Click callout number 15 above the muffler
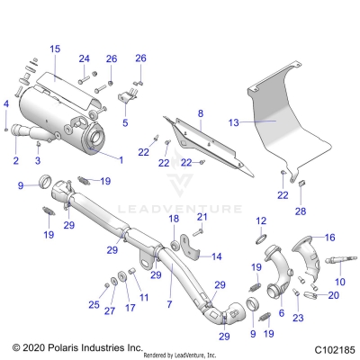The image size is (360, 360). click(54, 48)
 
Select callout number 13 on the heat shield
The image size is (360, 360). click(233, 121)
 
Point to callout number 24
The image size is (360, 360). click(85, 59)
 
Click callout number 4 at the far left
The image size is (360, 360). click(7, 105)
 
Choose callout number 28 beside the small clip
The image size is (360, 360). click(300, 211)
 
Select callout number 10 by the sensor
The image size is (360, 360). click(339, 282)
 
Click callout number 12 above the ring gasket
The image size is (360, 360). click(261, 220)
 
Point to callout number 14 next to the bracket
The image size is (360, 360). click(217, 256)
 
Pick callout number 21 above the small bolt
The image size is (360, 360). click(202, 217)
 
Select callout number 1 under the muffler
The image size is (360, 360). click(121, 159)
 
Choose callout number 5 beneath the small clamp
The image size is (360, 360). click(125, 122)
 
